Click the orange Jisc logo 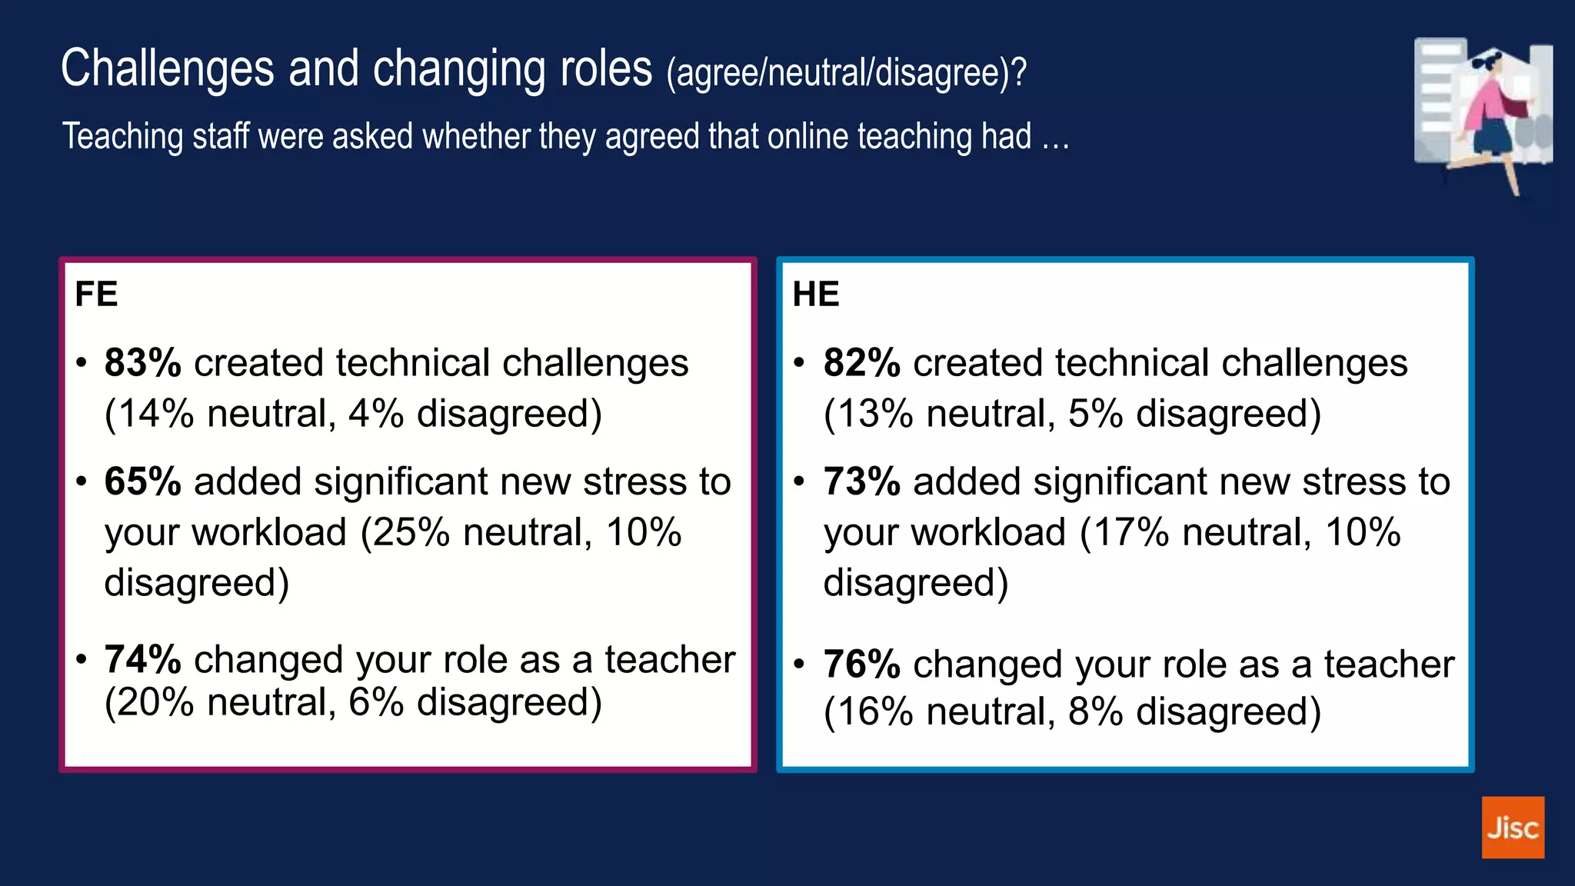point(1513,827)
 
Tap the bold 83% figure point(143,363)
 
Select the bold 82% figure point(861,363)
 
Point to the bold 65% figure point(143,482)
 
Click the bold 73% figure point(861,482)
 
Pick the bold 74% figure point(143,660)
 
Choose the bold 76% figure point(861,664)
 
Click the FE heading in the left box point(96,294)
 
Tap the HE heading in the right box point(816,294)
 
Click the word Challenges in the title point(167,69)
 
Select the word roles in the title point(606,69)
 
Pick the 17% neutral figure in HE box point(1130,532)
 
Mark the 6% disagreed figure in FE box point(375,702)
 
